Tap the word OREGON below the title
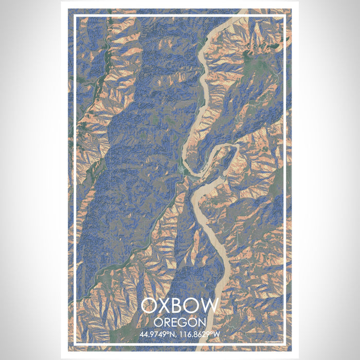pyautogui.click(x=179, y=322)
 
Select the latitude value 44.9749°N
pyautogui.click(x=158, y=335)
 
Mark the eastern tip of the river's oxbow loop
pyautogui.click(x=237, y=150)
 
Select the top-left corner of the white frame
pyautogui.click(x=76, y=16)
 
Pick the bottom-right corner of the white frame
pyautogui.click(x=284, y=345)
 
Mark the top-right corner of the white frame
pyautogui.click(x=284, y=16)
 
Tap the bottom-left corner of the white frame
pyautogui.click(x=76, y=345)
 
